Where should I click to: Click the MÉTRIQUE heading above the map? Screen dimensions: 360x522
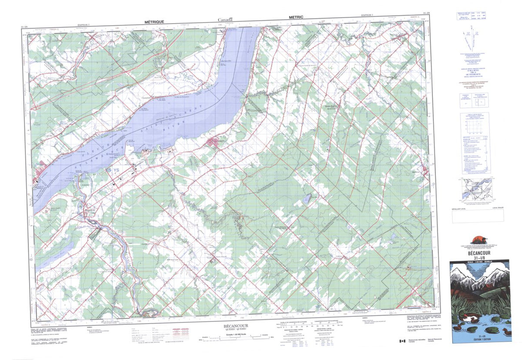[154, 21]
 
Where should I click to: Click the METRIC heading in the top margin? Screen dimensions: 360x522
[296, 17]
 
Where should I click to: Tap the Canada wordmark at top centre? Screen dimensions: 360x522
[225, 19]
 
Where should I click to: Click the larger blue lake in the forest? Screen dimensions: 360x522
[307, 199]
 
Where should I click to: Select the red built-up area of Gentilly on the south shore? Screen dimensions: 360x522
[214, 142]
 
